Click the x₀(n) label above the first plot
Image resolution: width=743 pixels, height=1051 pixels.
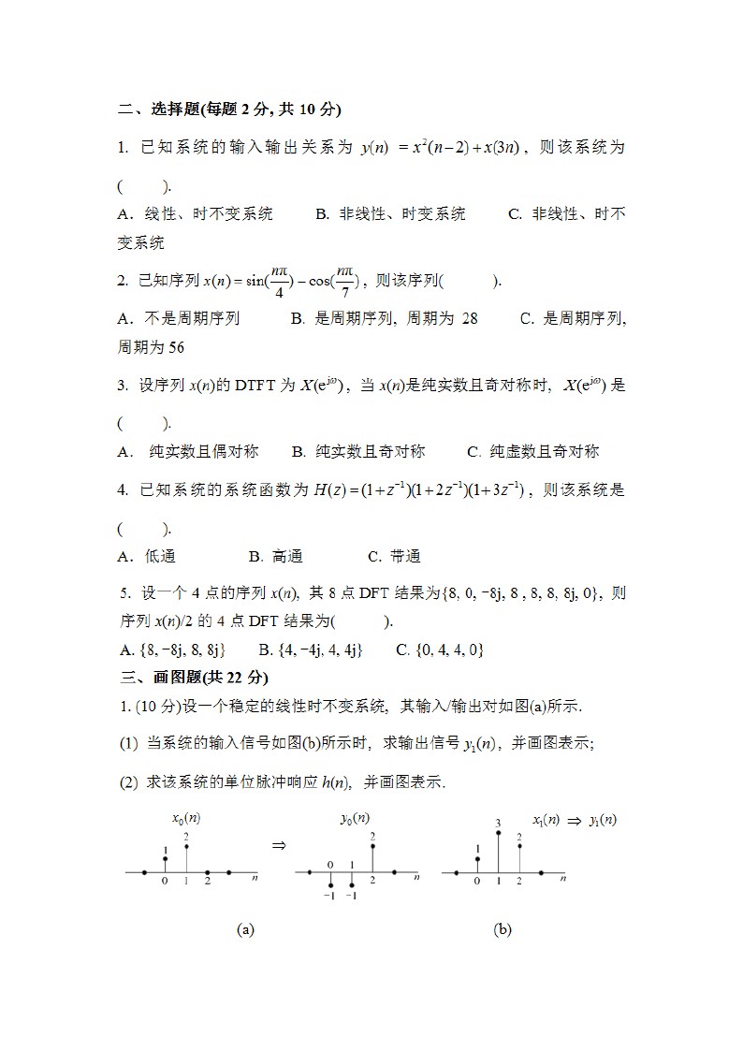185,817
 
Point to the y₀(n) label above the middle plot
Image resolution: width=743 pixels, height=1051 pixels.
354,817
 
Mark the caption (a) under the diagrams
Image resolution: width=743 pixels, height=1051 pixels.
245,929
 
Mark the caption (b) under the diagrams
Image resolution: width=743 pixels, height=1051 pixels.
503,929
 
